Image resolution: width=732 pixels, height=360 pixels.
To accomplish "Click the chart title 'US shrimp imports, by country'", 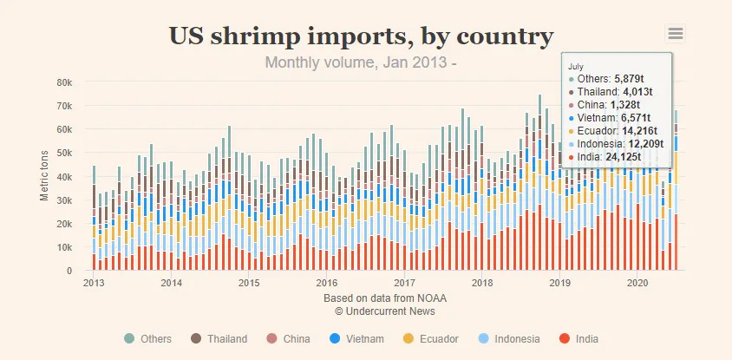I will (x=361, y=36).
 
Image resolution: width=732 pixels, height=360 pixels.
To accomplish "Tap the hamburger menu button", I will (x=676, y=34).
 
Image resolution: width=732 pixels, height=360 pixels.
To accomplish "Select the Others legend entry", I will (x=148, y=338).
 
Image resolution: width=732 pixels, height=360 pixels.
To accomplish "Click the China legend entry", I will (x=288, y=338).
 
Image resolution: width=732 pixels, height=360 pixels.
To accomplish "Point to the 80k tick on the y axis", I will (x=65, y=82).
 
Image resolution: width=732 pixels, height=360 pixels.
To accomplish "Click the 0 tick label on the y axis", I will (x=69, y=271).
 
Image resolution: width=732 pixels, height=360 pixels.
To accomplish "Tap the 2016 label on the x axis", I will (x=326, y=283).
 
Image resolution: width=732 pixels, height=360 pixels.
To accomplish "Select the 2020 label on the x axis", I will (x=637, y=283).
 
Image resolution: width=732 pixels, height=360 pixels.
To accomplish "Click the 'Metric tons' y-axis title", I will (x=44, y=176).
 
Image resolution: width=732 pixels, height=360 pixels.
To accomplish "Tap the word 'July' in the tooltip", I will (x=576, y=65).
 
